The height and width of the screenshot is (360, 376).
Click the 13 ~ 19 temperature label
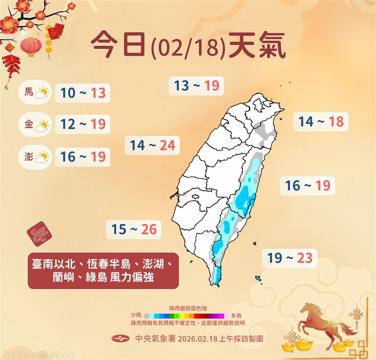pos(196,86)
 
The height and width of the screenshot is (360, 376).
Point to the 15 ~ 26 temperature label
pos(134,230)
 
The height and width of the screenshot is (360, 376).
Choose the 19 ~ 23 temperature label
pos(290,257)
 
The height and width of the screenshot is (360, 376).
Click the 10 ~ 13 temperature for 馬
pos(82,93)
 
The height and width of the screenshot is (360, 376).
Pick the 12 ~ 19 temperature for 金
pos(82,125)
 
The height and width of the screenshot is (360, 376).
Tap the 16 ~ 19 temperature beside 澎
pos(82,156)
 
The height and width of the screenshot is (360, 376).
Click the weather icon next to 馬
pos(43,92)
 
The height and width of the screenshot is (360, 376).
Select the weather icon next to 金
pos(43,125)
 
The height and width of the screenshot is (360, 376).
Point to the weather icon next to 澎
pos(43,156)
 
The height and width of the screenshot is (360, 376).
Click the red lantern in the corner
pos(31,46)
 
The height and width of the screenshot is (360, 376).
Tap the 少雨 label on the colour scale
pos(137,315)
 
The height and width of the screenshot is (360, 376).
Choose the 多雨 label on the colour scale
pos(236,315)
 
